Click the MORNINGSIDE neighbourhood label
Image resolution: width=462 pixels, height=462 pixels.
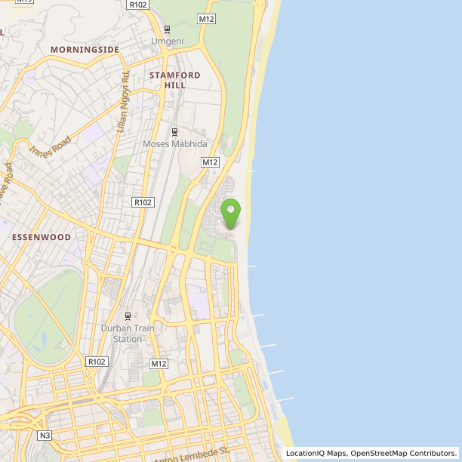click(x=85, y=50)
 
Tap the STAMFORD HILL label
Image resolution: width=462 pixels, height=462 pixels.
click(x=175, y=80)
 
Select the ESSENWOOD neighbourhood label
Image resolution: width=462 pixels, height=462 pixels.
click(x=42, y=237)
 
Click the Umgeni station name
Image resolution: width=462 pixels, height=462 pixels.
click(x=167, y=41)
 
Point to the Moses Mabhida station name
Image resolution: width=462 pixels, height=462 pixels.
click(x=175, y=143)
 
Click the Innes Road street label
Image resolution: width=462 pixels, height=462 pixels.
click(x=51, y=146)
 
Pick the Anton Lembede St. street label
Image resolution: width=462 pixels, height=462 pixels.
click(x=191, y=455)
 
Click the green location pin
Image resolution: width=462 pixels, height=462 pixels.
click(x=230, y=211)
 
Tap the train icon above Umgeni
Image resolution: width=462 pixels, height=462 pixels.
click(x=167, y=29)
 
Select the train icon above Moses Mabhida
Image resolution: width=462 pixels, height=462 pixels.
click(x=175, y=132)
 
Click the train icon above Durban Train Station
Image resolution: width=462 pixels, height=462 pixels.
click(x=128, y=316)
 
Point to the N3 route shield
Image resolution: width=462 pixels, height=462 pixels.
click(x=45, y=436)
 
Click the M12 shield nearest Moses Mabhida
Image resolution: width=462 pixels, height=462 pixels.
click(x=210, y=162)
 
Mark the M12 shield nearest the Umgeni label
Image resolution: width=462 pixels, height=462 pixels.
click(x=206, y=18)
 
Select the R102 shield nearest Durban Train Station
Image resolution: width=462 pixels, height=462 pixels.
click(x=97, y=362)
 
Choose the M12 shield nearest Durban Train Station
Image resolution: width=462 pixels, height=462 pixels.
click(x=158, y=364)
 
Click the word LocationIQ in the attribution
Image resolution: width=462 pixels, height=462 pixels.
click(x=306, y=454)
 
